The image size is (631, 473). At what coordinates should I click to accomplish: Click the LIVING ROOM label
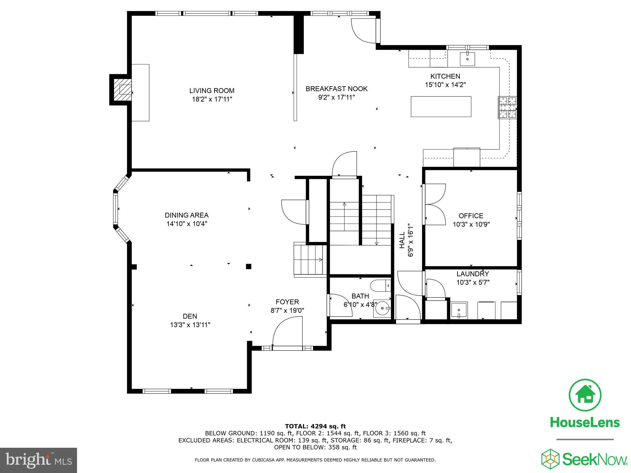212,91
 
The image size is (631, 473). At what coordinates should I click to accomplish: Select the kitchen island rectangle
441,107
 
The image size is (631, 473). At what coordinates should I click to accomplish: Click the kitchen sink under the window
467,59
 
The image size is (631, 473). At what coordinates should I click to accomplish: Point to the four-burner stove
507,107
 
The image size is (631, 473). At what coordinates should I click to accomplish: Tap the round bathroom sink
382,308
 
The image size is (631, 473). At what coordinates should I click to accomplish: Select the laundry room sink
459,310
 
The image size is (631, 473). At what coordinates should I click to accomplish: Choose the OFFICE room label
471,216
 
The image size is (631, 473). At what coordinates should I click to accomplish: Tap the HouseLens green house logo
585,395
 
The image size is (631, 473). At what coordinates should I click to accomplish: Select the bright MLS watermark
39,460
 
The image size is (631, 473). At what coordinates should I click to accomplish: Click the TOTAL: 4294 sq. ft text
315,427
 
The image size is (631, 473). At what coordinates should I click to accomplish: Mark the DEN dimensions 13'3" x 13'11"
190,325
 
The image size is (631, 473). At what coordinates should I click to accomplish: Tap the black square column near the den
248,266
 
